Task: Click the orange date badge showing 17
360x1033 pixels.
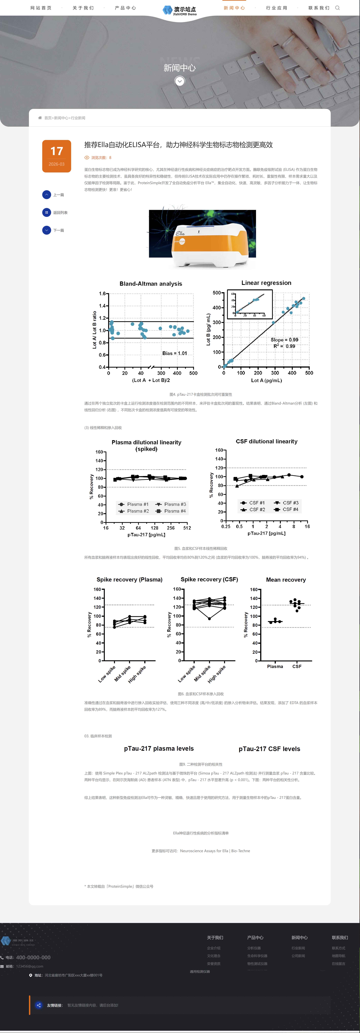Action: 57,156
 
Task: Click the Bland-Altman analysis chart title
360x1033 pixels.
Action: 151,284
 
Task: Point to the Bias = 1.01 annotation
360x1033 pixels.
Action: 174,353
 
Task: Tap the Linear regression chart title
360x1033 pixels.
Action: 266,283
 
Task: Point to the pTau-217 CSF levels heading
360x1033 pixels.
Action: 269,749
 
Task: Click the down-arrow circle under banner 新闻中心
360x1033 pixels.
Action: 180,81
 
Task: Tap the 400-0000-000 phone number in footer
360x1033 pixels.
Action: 33,957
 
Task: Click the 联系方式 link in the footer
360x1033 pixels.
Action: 338,948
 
